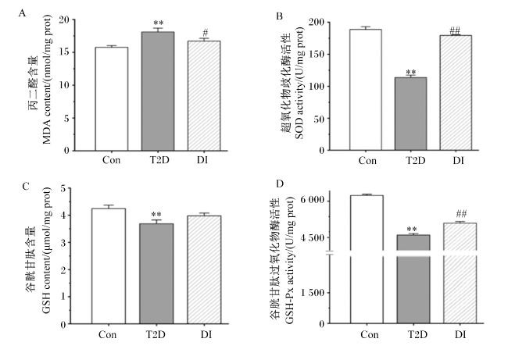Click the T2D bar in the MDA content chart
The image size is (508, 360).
158,91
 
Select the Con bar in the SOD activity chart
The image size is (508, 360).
366,90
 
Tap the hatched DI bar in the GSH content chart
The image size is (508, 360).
205,269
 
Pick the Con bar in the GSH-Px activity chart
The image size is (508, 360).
367,259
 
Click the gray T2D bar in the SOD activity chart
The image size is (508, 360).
410,114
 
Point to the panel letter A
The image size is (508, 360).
22,13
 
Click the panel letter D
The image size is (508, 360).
280,184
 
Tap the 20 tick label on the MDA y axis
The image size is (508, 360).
65,20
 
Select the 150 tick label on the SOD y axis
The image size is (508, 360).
317,54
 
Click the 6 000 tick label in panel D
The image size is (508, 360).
312,200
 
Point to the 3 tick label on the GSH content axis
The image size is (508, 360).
63,243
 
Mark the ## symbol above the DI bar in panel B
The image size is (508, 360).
455,30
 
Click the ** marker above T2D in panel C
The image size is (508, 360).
156,215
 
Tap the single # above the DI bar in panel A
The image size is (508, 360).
205,33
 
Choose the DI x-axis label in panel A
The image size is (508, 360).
202,160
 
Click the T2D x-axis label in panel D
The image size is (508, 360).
417,334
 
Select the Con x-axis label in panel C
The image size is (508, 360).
108,334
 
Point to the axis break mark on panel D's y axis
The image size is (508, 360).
329,252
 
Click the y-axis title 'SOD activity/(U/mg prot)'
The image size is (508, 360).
299,83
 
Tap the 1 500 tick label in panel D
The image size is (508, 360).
312,293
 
